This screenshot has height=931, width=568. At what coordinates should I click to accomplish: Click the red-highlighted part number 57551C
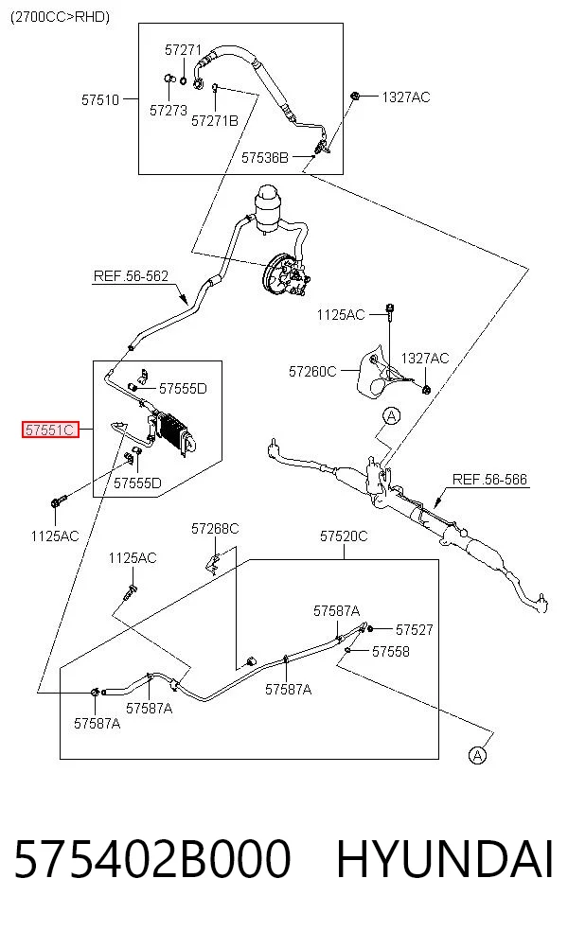click(50, 429)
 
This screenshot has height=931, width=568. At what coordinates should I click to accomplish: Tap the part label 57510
click(100, 99)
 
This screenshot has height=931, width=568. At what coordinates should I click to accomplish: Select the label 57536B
click(264, 157)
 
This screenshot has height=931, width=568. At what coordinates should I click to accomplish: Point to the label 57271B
click(215, 120)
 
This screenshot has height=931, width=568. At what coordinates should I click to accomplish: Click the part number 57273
click(169, 111)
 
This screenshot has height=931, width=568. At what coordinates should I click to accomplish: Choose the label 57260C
click(312, 372)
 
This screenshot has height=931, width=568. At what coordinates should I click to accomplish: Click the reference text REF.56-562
click(131, 276)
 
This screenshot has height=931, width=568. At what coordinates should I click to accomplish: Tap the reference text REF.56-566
click(489, 479)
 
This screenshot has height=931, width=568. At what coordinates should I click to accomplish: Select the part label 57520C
click(344, 536)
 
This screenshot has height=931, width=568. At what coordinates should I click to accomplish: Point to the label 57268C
click(215, 529)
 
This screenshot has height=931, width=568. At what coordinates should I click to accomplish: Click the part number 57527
click(414, 629)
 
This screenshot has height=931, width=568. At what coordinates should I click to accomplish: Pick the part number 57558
click(390, 651)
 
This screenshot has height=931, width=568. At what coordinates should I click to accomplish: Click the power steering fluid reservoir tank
click(266, 208)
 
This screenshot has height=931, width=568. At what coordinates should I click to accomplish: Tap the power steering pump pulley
click(275, 275)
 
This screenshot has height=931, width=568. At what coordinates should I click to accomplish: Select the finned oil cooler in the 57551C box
click(175, 431)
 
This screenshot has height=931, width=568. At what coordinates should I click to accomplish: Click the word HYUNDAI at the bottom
click(445, 859)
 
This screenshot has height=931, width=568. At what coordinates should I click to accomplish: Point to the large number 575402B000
click(152, 859)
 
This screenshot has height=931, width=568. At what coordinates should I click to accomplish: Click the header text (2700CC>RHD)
click(60, 17)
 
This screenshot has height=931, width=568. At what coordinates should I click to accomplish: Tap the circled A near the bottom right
click(477, 755)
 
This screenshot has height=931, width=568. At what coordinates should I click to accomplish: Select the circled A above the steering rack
click(392, 416)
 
